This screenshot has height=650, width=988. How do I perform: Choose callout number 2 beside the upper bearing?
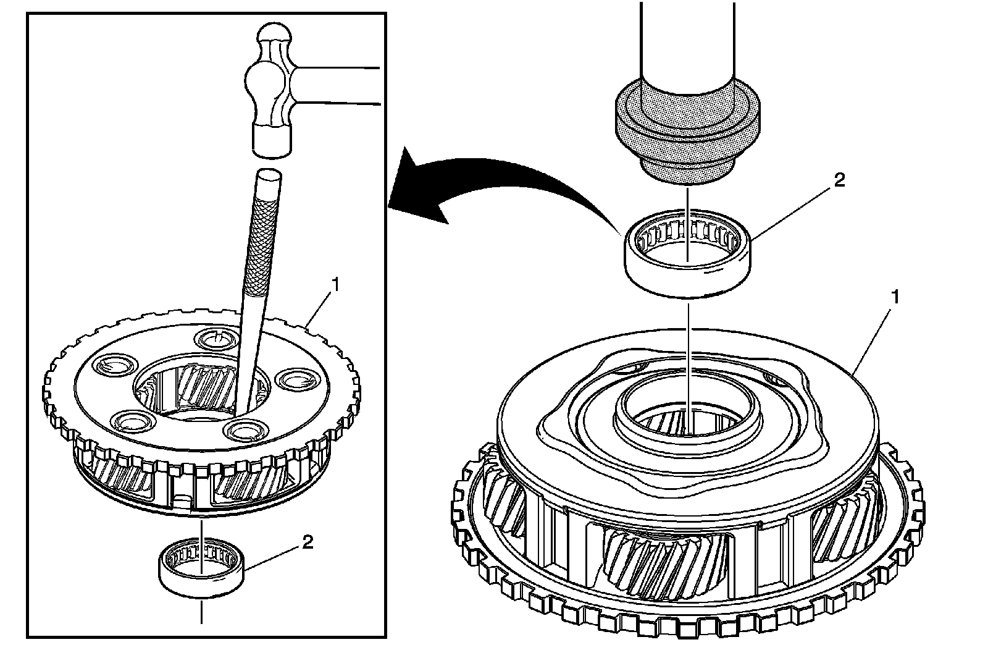click(838, 180)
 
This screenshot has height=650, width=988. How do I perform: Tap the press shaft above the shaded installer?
click(687, 37)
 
